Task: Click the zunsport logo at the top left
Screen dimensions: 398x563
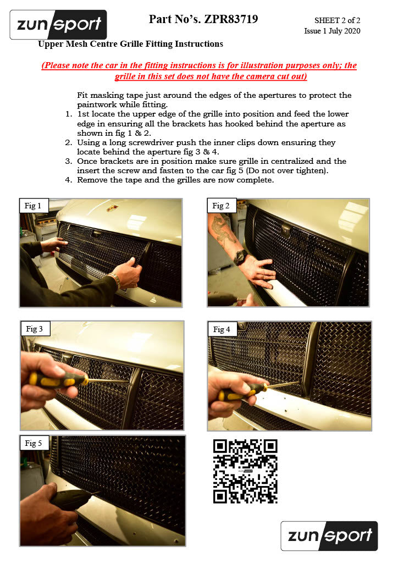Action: coord(58,24)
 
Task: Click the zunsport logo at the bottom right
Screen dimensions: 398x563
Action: coord(329,536)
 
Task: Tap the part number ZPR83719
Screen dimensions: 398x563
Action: coord(231,19)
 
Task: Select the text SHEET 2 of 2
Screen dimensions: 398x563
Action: coord(338,20)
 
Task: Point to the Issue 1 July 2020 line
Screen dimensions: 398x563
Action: coord(333,31)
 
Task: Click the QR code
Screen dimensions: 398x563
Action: coord(246,471)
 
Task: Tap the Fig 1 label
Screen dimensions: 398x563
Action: coord(32,206)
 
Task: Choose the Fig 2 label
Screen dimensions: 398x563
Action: coord(220,206)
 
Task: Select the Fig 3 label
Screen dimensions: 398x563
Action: coord(35,329)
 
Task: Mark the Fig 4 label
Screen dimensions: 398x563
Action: coord(222,329)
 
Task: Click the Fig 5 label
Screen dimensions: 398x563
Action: coord(34,443)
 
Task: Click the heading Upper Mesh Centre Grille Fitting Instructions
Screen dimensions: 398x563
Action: coord(131,44)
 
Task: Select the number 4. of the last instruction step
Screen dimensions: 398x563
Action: coord(69,180)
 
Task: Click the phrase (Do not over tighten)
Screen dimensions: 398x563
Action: coord(287,170)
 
